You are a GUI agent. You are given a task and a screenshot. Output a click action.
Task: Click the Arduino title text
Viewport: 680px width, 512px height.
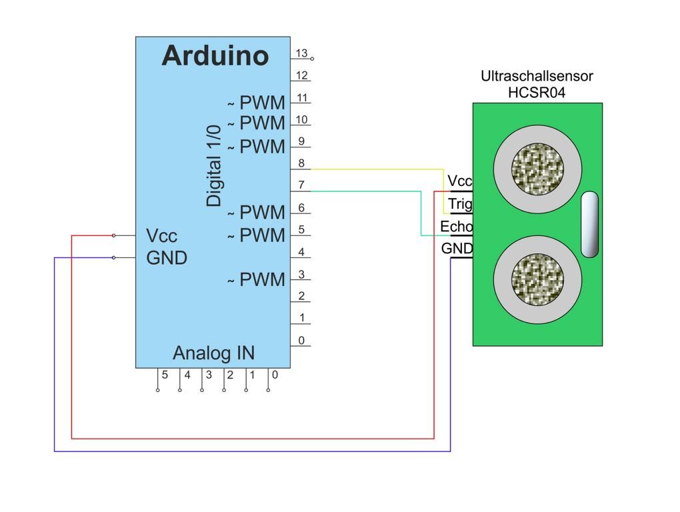point(215,56)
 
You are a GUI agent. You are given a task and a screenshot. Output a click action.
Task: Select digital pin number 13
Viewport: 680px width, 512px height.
point(301,53)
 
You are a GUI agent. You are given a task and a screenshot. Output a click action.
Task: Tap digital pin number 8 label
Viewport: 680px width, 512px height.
point(301,163)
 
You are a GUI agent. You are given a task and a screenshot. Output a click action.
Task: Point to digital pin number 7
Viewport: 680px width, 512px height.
point(301,185)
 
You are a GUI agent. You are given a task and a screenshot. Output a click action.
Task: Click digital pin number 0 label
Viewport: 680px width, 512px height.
point(301,341)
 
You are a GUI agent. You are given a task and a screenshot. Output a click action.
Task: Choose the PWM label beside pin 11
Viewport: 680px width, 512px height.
point(262,103)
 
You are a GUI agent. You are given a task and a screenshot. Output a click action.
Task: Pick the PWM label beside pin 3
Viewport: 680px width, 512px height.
point(262,280)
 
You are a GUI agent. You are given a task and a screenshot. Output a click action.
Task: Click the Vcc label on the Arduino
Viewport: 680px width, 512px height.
point(162,236)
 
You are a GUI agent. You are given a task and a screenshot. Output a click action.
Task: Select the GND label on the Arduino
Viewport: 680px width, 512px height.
point(167,258)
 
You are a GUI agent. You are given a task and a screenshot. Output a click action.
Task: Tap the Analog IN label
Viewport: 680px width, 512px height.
point(213,353)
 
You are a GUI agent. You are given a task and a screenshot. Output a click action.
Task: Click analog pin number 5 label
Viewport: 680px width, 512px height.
point(165,375)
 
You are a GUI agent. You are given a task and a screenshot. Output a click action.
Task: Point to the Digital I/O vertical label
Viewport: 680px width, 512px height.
point(213,165)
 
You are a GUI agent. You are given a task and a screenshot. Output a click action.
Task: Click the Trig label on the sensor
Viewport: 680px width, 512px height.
point(460,204)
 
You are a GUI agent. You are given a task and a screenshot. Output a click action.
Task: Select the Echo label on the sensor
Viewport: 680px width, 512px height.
point(456,227)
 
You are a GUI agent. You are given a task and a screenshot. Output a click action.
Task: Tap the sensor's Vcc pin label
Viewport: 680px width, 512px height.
point(459,181)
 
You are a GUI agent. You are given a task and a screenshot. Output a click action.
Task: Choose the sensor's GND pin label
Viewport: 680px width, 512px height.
point(457,249)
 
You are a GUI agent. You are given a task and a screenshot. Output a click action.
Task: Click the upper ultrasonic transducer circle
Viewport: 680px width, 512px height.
point(537,167)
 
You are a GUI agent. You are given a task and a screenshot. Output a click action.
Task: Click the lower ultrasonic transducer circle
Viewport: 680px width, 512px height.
point(537,280)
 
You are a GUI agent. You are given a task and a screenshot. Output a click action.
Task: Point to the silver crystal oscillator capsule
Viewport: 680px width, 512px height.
point(590,224)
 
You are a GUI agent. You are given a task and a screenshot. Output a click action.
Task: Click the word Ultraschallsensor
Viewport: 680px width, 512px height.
point(537,77)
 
